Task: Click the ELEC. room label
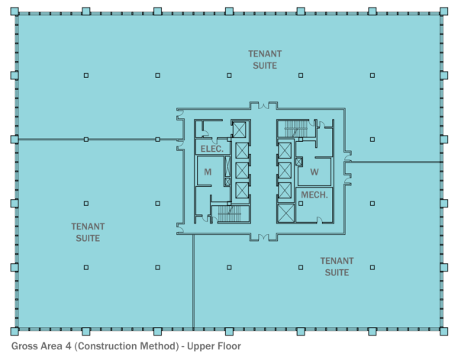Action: tap(212, 149)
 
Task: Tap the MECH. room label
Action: tap(314, 194)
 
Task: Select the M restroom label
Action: tap(208, 172)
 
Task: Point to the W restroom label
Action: tap(314, 172)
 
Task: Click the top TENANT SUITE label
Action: tap(265, 59)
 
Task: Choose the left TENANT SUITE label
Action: tap(88, 232)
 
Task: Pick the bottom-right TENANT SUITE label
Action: tap(337, 266)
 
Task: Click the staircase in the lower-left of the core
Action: tap(224, 213)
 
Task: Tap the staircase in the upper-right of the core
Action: tap(293, 130)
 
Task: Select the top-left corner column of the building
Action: tap(15, 12)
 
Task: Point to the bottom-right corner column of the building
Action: tap(443, 331)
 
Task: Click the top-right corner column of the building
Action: tap(443, 12)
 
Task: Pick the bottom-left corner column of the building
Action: tap(15, 331)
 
